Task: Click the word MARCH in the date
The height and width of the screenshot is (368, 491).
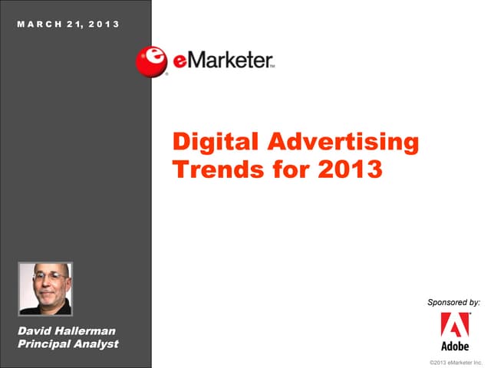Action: pyautogui.click(x=37, y=24)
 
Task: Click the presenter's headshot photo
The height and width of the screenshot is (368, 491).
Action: pyautogui.click(x=44, y=288)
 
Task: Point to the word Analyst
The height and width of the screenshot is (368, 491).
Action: pyautogui.click(x=97, y=343)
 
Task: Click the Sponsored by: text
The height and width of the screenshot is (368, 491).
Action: pyautogui.click(x=453, y=303)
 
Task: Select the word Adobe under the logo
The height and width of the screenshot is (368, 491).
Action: pyautogui.click(x=455, y=346)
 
